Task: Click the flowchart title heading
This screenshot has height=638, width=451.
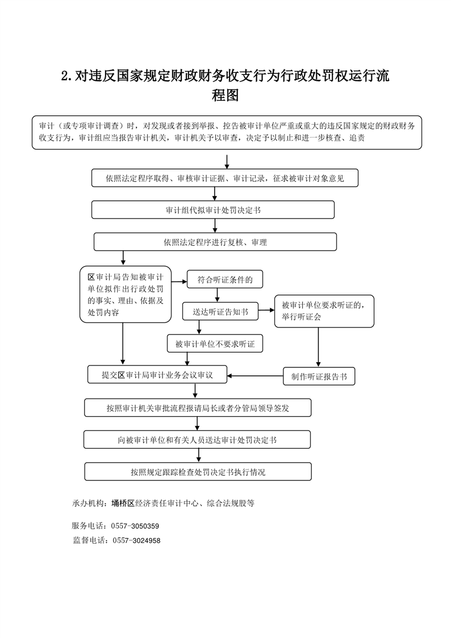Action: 225,85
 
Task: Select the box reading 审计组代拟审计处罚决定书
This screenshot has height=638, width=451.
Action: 213,210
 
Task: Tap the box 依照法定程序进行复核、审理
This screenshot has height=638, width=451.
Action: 215,242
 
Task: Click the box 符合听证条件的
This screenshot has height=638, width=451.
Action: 225,280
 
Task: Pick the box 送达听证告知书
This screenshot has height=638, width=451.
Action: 220,312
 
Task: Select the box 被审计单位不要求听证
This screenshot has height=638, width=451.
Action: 215,344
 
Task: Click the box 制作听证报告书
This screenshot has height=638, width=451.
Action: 319,376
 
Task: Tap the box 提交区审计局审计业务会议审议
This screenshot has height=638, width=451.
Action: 157,375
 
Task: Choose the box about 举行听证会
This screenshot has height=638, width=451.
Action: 324,311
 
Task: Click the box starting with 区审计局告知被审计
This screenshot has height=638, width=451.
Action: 126,295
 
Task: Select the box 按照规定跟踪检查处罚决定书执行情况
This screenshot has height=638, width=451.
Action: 198,472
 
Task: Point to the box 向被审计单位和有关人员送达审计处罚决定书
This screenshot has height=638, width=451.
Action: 197,440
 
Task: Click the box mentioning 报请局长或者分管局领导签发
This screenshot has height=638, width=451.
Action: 198,408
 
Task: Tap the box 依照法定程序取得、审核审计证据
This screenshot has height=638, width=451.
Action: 225,178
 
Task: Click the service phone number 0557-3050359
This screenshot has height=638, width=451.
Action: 135,526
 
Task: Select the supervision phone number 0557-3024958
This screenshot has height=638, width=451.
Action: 136,541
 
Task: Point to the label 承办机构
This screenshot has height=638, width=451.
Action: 87,503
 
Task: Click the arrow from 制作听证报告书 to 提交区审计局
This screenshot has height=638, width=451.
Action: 255,376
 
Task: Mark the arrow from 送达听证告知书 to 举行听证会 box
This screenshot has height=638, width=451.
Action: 266,310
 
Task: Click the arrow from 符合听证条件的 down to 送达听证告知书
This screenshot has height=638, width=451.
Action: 215,295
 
